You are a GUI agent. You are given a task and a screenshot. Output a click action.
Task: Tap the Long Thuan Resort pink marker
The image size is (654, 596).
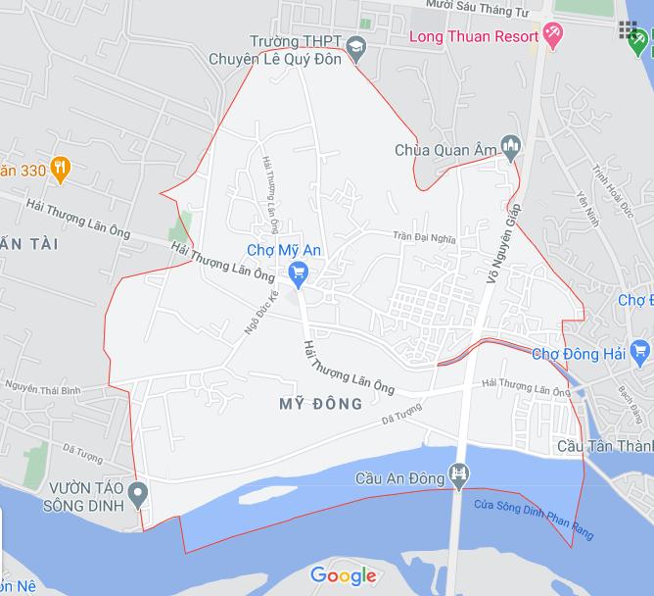553,37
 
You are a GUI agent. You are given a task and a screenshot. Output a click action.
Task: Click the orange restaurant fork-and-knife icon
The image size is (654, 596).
61,170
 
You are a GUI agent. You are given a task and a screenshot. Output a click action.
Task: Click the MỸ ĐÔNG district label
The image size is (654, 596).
320,404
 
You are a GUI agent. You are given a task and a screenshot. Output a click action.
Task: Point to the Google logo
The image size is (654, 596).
344,575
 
